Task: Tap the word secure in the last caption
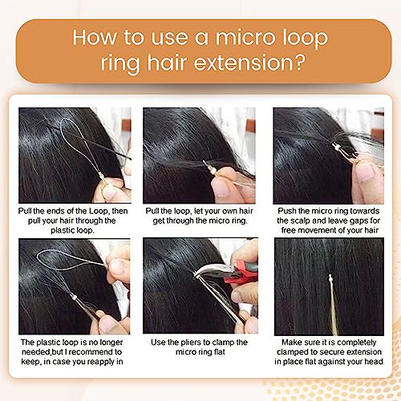(336, 352)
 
